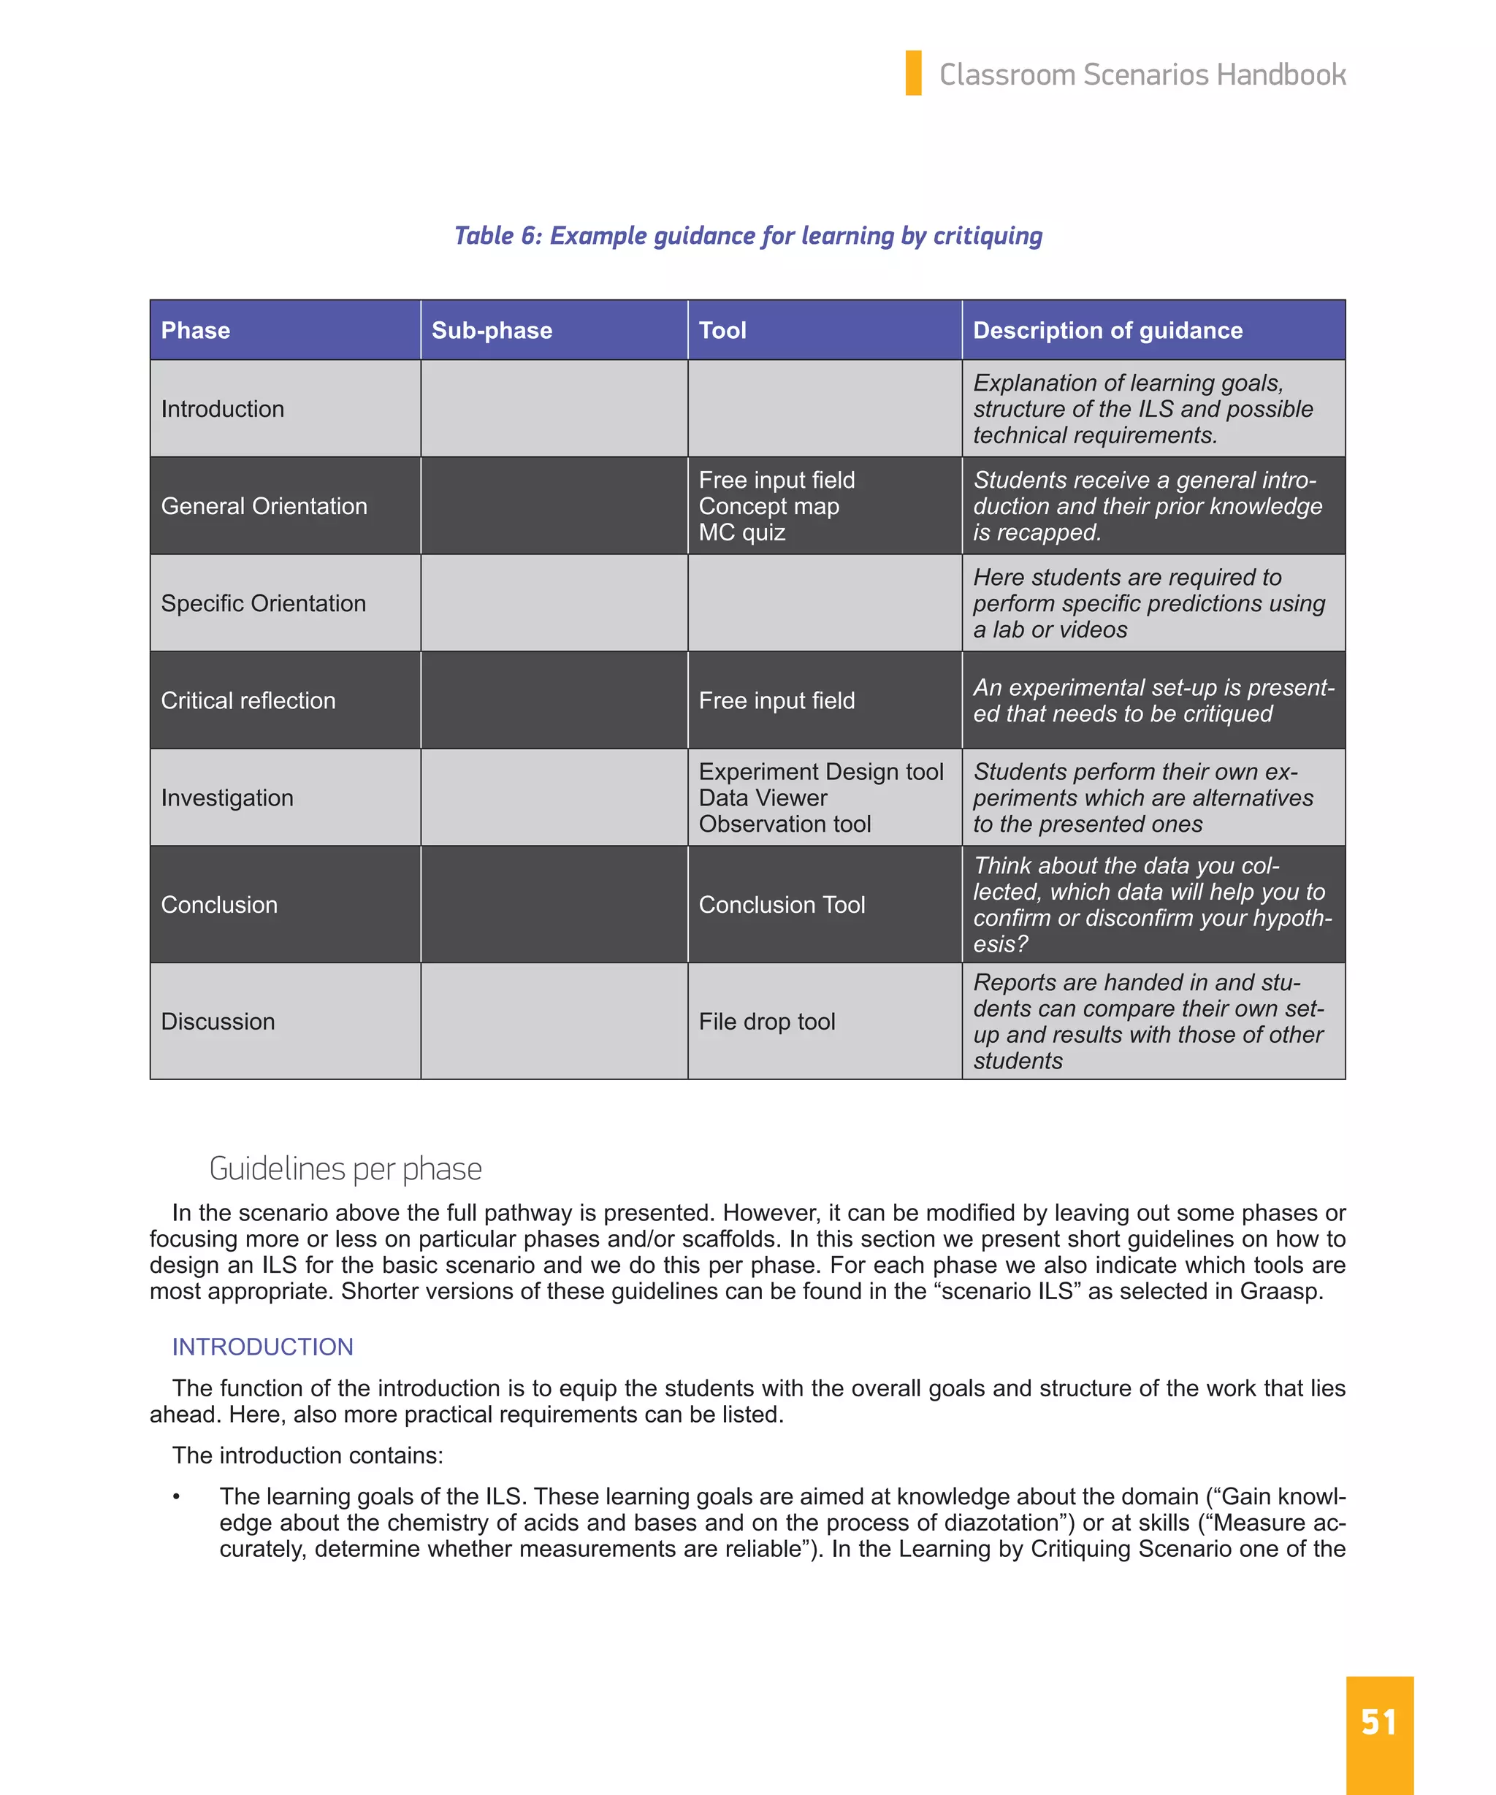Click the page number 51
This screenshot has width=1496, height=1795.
click(1378, 1721)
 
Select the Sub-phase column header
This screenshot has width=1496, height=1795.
click(492, 330)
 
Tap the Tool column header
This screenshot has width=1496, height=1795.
click(722, 330)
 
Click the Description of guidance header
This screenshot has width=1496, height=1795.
click(1107, 330)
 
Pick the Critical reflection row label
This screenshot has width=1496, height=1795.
click(248, 700)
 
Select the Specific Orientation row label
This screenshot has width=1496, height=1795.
click(263, 602)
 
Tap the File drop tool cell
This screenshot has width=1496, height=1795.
click(766, 1022)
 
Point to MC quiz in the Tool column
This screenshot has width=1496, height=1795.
click(741, 532)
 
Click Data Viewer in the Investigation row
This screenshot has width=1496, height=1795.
click(763, 797)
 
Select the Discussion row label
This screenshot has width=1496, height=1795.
click(218, 1022)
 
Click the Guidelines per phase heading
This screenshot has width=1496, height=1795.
click(345, 1168)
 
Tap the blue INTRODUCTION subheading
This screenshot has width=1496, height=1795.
click(262, 1347)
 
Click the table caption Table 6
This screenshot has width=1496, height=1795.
click(747, 235)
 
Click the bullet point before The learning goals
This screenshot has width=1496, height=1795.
click(176, 1497)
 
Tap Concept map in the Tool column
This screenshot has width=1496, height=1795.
click(768, 506)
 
